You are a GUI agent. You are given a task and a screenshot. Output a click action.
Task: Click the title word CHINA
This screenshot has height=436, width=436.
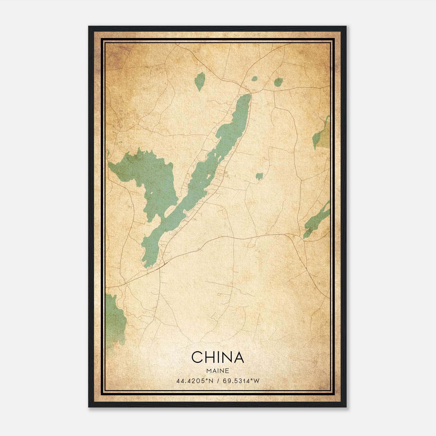(217, 357)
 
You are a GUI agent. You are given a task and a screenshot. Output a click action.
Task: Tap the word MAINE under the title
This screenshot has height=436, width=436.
(217, 371)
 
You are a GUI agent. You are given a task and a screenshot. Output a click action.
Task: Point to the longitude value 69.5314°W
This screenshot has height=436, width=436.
(241, 381)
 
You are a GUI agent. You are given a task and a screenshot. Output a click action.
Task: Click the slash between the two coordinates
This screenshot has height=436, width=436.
(218, 381)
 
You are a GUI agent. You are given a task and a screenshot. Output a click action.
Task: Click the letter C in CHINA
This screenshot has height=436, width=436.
(197, 357)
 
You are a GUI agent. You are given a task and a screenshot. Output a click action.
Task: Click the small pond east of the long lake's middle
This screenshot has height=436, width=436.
(259, 176)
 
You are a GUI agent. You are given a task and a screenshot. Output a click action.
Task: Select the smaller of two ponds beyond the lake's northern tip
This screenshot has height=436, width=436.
(254, 79)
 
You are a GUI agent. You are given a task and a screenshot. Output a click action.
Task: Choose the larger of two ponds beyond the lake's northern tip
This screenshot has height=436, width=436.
(278, 82)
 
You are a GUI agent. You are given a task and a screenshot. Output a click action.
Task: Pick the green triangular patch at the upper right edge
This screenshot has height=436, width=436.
(322, 134)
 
